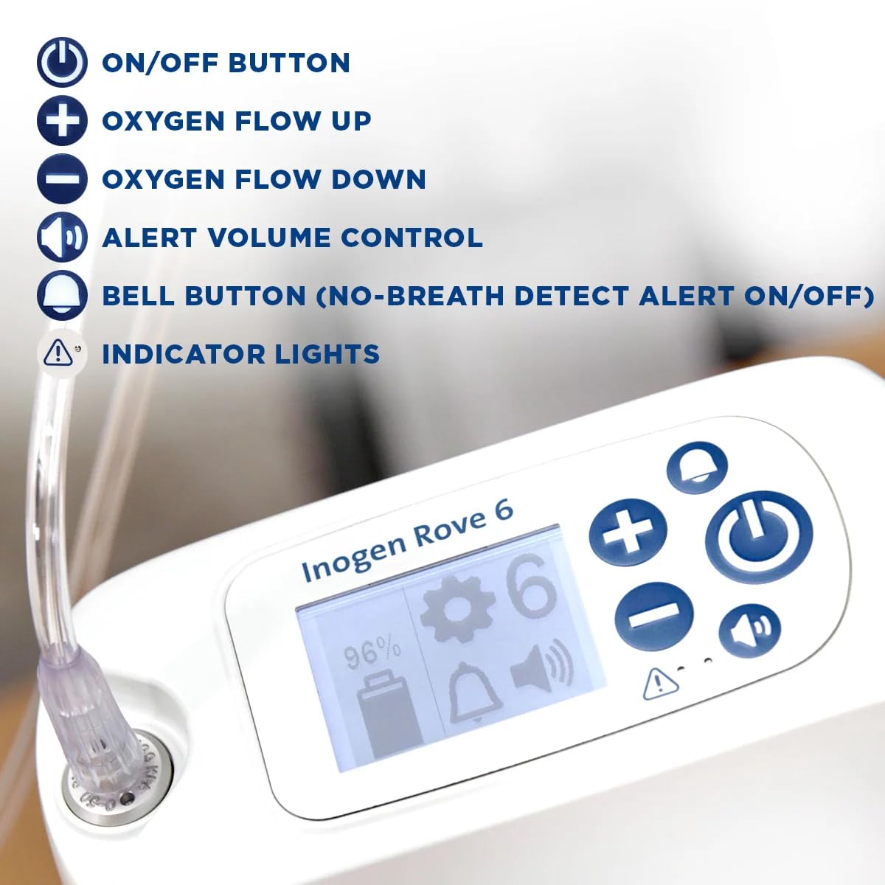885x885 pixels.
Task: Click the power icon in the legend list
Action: click(x=63, y=63)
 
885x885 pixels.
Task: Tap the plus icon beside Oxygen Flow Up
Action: click(x=63, y=121)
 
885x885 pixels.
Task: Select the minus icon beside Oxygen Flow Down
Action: click(x=63, y=179)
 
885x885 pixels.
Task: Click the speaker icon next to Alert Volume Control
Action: click(x=63, y=237)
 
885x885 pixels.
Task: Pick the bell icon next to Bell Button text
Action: click(x=63, y=296)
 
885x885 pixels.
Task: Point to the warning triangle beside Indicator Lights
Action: click(x=59, y=353)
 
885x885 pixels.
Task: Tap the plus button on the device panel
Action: click(x=628, y=532)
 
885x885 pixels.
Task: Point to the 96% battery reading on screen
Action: click(x=374, y=653)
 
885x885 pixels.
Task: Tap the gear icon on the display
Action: click(x=457, y=612)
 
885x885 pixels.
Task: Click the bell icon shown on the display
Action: click(x=476, y=693)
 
